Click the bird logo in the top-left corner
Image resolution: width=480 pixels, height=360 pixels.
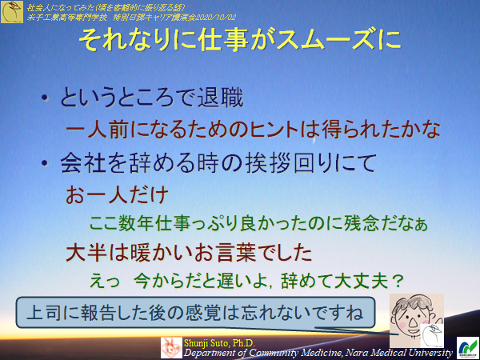click(12, 11)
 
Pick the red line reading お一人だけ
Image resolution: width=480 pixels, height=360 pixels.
click(116, 194)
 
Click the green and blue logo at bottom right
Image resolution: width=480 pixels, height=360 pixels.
click(466, 346)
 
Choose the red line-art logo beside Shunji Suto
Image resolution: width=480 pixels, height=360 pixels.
click(173, 346)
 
